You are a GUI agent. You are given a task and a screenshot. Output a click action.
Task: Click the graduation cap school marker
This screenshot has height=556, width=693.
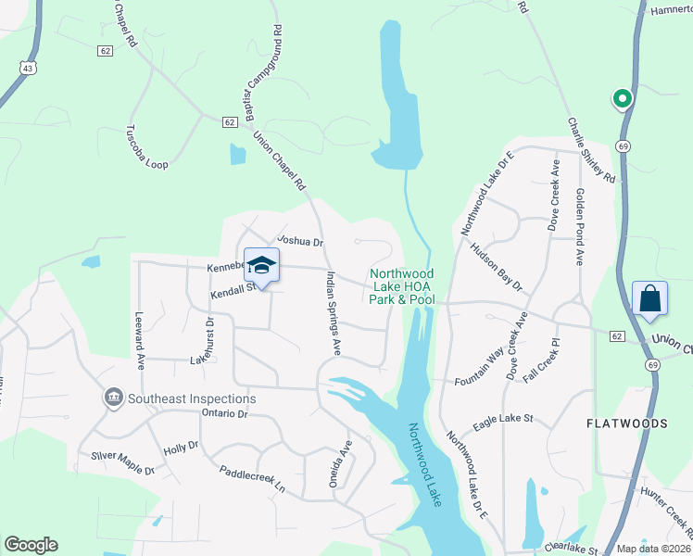tap(261, 266)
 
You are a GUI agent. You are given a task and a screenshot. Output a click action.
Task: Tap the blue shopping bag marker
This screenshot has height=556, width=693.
tap(649, 298)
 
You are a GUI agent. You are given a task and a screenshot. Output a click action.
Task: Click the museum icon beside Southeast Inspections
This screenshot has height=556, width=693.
tap(114, 398)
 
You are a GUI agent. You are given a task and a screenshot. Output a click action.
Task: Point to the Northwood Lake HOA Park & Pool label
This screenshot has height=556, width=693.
tap(401, 286)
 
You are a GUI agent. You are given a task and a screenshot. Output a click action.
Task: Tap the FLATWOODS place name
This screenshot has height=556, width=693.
tap(627, 423)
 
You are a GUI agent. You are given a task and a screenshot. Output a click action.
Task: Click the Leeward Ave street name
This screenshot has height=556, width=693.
tap(141, 341)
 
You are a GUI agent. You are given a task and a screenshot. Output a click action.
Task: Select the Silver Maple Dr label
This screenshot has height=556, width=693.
tap(121, 462)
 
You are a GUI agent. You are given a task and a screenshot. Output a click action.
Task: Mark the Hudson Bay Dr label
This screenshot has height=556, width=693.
tap(496, 269)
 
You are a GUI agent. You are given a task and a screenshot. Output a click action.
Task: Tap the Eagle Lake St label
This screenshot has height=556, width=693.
tap(503, 423)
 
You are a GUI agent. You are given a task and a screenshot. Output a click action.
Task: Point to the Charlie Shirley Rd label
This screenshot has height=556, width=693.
tap(591, 149)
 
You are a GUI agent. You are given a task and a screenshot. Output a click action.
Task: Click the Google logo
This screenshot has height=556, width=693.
tap(31, 545)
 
